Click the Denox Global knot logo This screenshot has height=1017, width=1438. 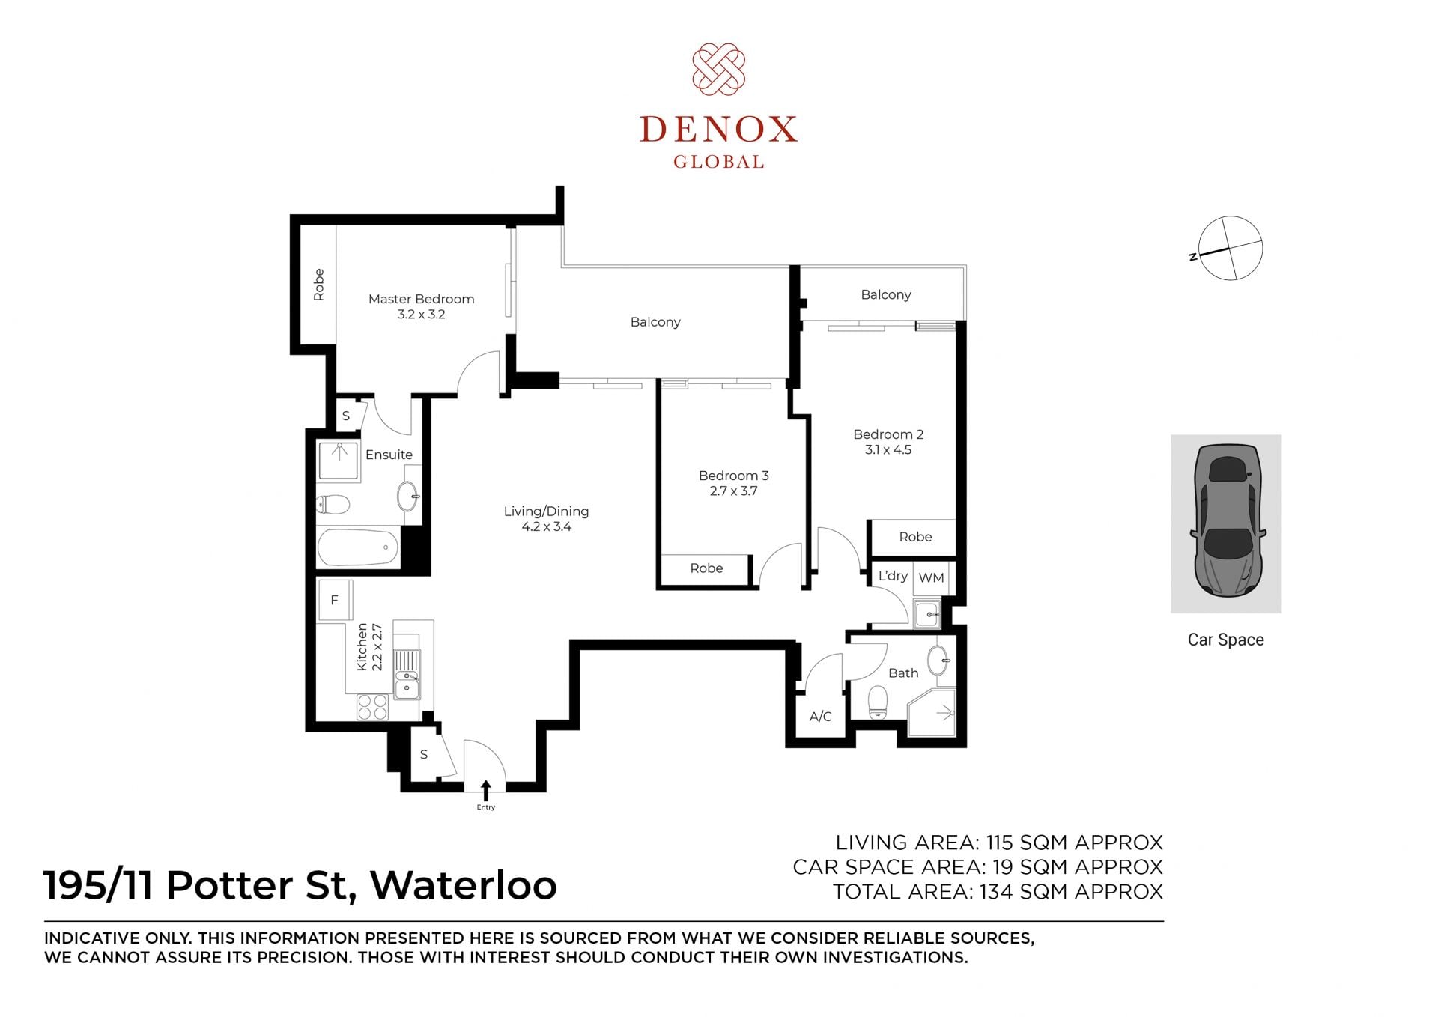tap(718, 69)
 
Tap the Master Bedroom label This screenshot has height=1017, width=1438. tap(421, 299)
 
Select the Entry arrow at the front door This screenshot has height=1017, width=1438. tap(486, 790)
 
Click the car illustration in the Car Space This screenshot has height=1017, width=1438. tap(1227, 521)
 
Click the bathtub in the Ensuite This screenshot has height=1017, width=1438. tap(358, 547)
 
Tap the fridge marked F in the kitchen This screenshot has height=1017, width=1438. tap(335, 600)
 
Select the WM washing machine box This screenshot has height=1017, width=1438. tap(931, 577)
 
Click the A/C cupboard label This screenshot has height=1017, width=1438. tap(820, 717)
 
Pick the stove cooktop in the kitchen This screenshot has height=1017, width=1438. tap(372, 707)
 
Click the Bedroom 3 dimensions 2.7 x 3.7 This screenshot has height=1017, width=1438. tap(733, 491)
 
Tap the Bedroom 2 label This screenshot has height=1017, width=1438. tap(888, 434)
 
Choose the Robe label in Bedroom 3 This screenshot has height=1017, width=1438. tap(706, 568)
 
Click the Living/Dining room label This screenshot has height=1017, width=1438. tap(546, 511)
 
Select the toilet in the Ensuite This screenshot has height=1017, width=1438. tap(334, 505)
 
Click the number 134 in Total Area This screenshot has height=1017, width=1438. tap(996, 892)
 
